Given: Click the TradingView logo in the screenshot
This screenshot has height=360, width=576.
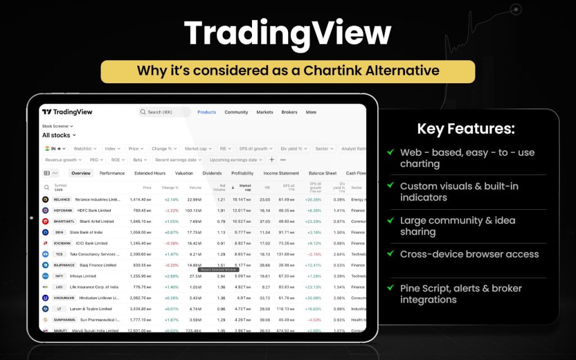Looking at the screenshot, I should pos(67,112).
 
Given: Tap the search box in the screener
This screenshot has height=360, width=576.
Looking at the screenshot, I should pos(164,112).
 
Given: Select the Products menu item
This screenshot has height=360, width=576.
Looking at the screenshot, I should pos(206,112).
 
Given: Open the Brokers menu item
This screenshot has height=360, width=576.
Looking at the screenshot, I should pos(289,112).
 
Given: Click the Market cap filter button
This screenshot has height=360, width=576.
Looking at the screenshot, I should pos(198,148).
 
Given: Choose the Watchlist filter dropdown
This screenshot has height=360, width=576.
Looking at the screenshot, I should pos(84,148).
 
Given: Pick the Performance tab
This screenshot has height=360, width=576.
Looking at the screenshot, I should pos(112,173).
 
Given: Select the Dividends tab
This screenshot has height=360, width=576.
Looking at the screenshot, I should pos(212,173).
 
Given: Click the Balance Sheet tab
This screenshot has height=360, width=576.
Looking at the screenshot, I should pos(322,173).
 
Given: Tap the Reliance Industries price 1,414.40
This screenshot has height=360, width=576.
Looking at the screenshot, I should pos(140,199).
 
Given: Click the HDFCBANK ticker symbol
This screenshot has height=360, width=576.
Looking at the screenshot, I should pos(63,210).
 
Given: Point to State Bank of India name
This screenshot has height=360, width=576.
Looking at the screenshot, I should pos(86,232).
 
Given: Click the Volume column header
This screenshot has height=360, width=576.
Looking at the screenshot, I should pos(195,187).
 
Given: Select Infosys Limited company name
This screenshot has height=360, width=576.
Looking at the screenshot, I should pos(83,276).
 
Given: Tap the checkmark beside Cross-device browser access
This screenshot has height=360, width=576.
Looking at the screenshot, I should pos(390,254).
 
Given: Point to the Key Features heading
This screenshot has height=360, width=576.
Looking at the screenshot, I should pos(466,129).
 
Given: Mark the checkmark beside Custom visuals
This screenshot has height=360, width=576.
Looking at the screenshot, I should pos(390,186).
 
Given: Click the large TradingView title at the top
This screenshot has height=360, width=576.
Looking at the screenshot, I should pos(287,34).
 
